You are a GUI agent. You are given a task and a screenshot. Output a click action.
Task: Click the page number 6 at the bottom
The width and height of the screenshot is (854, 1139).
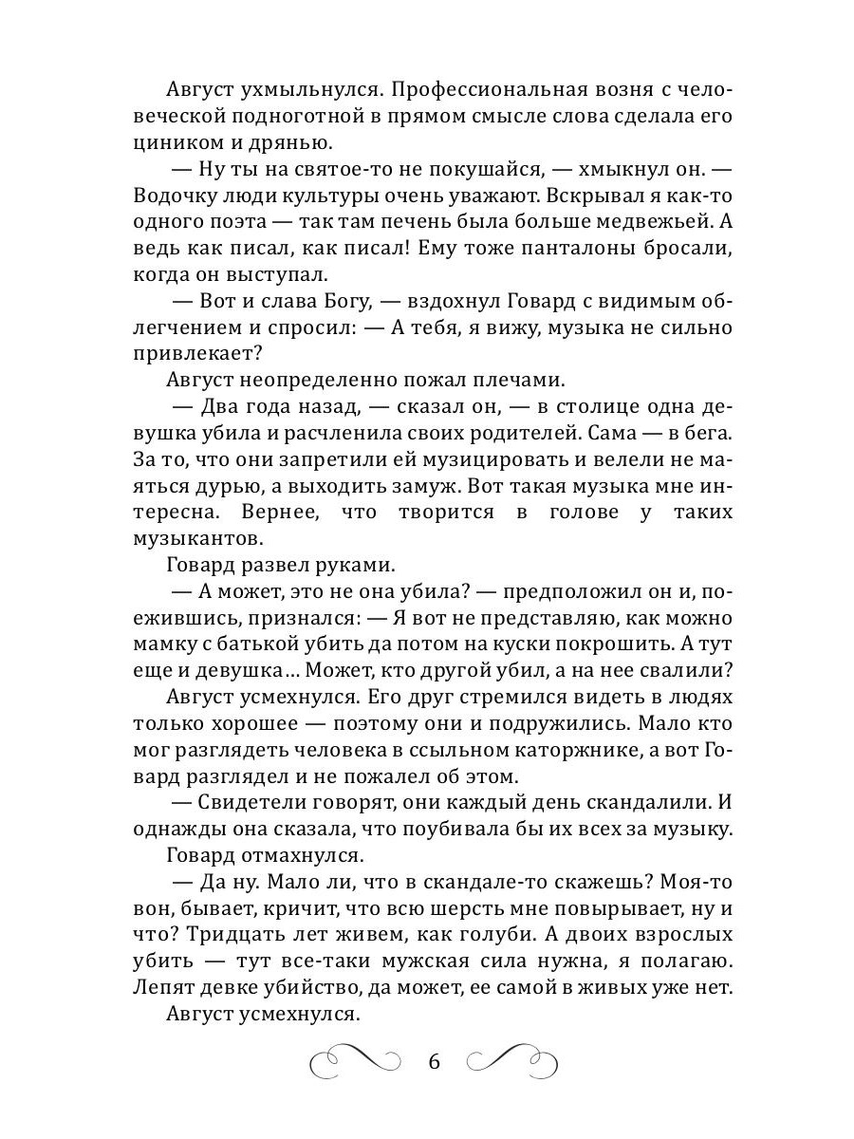point(435,1060)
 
